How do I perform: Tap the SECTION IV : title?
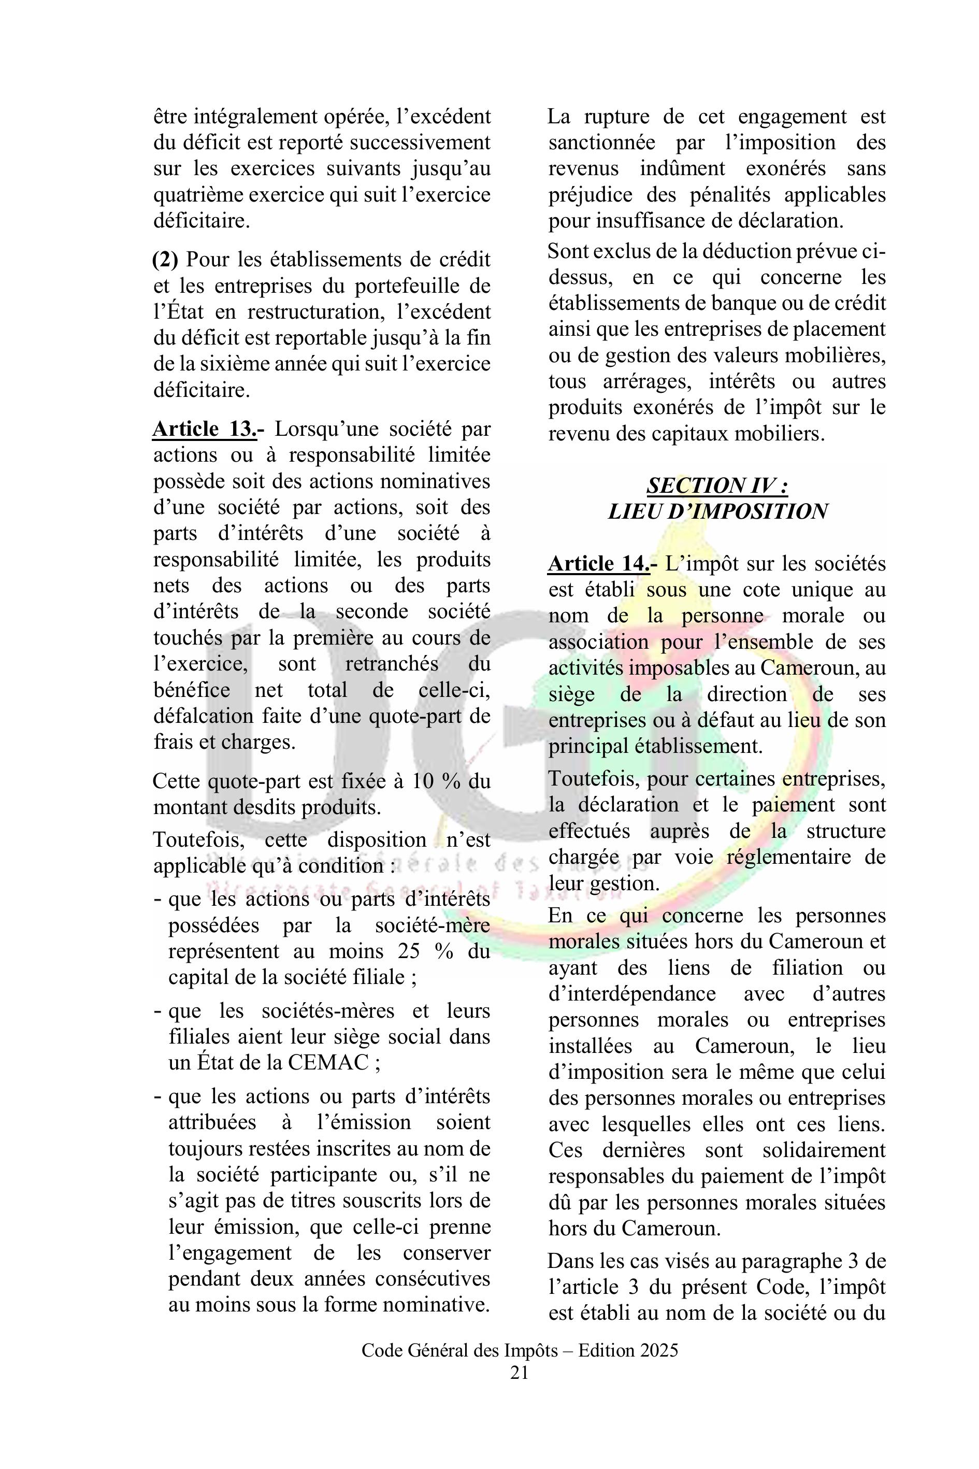point(717,486)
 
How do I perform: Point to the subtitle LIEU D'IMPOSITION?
point(717,511)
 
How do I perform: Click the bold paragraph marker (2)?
point(165,259)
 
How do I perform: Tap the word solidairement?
point(824,1150)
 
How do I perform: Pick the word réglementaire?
point(790,857)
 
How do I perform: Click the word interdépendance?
point(632,994)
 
